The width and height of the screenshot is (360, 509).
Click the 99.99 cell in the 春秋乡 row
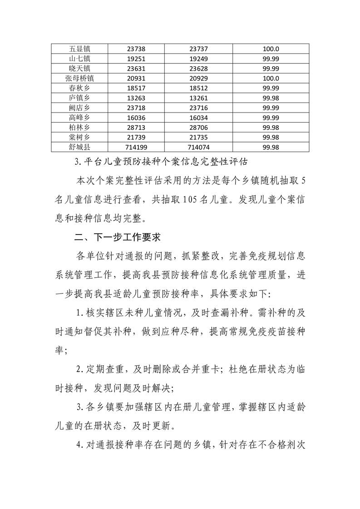[x=271, y=88]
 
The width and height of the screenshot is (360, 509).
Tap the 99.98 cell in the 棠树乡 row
[x=271, y=137]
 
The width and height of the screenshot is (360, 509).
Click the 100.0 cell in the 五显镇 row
[x=271, y=49]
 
